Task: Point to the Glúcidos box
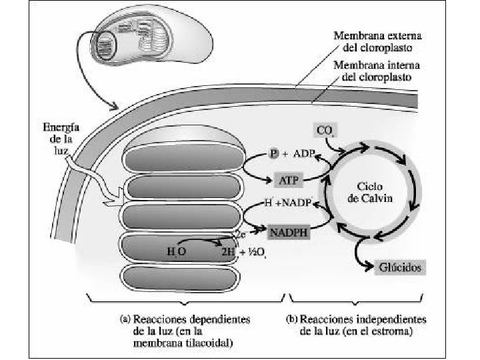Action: [x=398, y=267]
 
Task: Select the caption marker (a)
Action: [x=124, y=319]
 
